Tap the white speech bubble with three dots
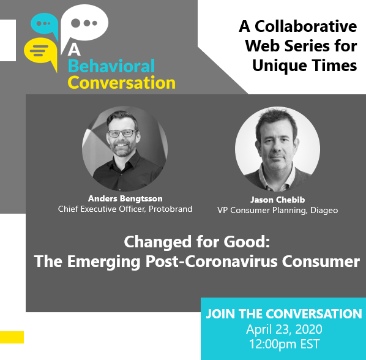(85, 23)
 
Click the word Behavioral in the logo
(111, 66)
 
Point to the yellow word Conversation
(122, 83)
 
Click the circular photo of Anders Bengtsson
(125, 146)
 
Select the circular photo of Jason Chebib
(277, 150)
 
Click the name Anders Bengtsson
(125, 198)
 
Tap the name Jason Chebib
(277, 200)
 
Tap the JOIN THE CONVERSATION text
(284, 314)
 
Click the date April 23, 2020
(283, 329)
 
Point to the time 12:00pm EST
(283, 344)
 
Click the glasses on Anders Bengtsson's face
(125, 133)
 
